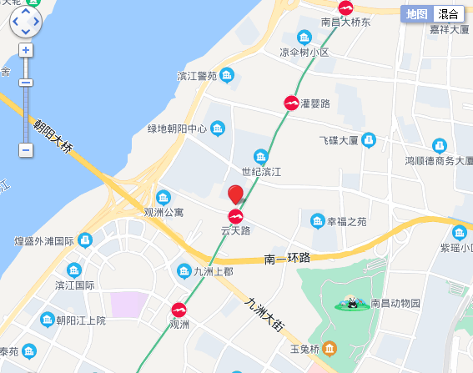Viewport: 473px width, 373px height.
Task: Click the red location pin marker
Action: pyautogui.click(x=236, y=194)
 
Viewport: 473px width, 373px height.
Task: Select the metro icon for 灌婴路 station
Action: pyautogui.click(x=292, y=103)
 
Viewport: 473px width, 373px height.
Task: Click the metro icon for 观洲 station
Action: pyautogui.click(x=179, y=310)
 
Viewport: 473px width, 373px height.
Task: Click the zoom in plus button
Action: pyautogui.click(x=26, y=50)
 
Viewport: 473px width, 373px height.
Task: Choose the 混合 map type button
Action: pyautogui.click(x=448, y=13)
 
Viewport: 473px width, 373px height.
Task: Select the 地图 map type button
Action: pyautogui.click(x=417, y=13)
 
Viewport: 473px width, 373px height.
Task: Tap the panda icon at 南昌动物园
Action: pyautogui.click(x=353, y=303)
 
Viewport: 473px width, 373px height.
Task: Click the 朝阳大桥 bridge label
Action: pyautogui.click(x=53, y=136)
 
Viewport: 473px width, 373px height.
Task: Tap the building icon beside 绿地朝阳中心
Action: pyautogui.click(x=218, y=129)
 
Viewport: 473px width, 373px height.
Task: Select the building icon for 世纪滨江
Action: pyautogui.click(x=261, y=156)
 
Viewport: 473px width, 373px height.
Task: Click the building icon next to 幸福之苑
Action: pyautogui.click(x=317, y=221)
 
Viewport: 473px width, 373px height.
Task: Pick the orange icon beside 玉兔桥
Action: pyautogui.click(x=330, y=348)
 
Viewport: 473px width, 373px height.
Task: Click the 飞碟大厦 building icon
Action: pyautogui.click(x=368, y=139)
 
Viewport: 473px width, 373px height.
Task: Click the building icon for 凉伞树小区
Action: pyautogui.click(x=304, y=38)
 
